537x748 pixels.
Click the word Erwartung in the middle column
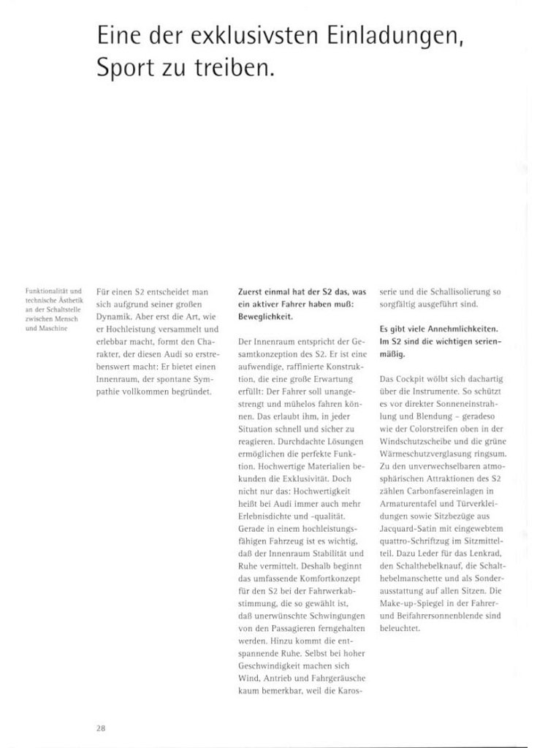point(332,379)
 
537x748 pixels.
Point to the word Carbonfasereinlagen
point(448,491)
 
